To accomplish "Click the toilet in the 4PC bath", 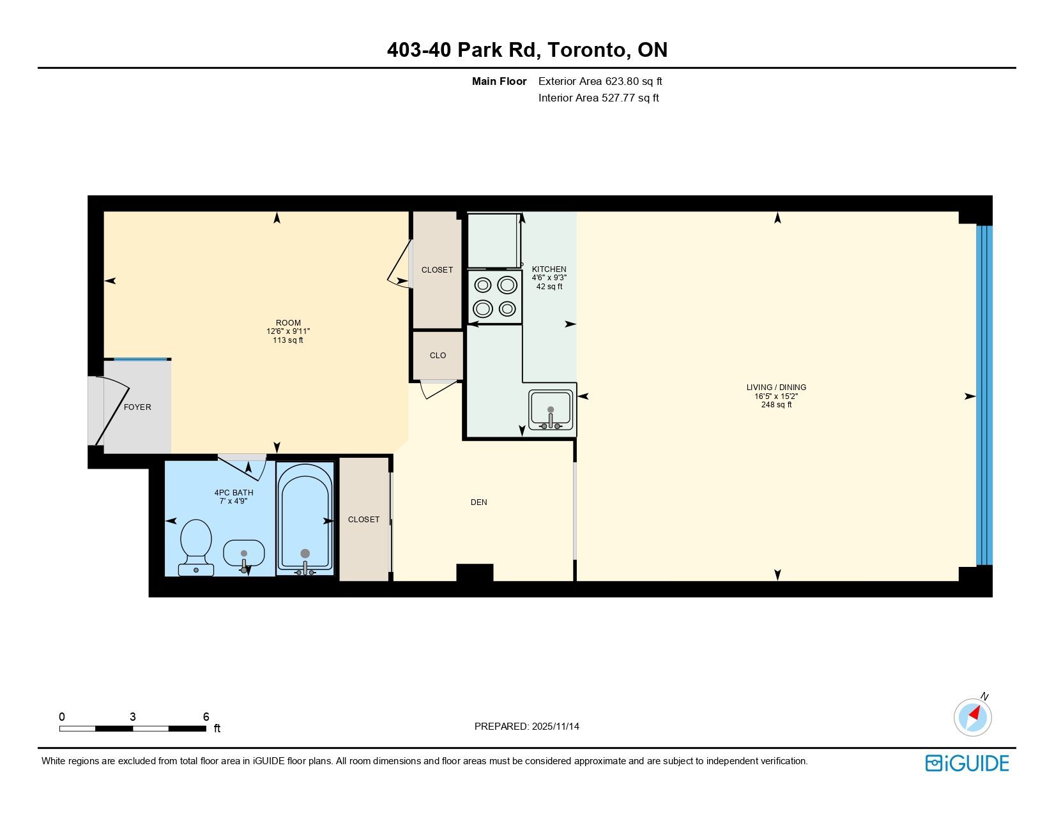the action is click(196, 547).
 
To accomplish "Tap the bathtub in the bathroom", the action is click(305, 518).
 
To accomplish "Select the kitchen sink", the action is click(551, 410).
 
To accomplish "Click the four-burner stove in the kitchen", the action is click(495, 297).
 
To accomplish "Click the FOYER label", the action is click(137, 407).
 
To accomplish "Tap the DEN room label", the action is click(478, 502).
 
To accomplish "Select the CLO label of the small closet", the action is click(438, 356).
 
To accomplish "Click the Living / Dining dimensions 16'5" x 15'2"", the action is click(776, 396).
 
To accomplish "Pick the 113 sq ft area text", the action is click(287, 340).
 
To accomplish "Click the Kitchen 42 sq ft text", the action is click(549, 287).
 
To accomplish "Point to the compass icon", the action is click(972, 717).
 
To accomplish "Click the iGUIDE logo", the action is click(967, 763).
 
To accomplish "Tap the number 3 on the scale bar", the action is click(132, 716).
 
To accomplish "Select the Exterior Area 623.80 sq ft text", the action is click(600, 82).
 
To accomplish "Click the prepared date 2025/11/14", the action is click(555, 727).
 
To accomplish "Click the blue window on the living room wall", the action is click(984, 395).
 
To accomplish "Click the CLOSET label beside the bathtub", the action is click(363, 519).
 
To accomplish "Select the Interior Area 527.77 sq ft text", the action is click(599, 98).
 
